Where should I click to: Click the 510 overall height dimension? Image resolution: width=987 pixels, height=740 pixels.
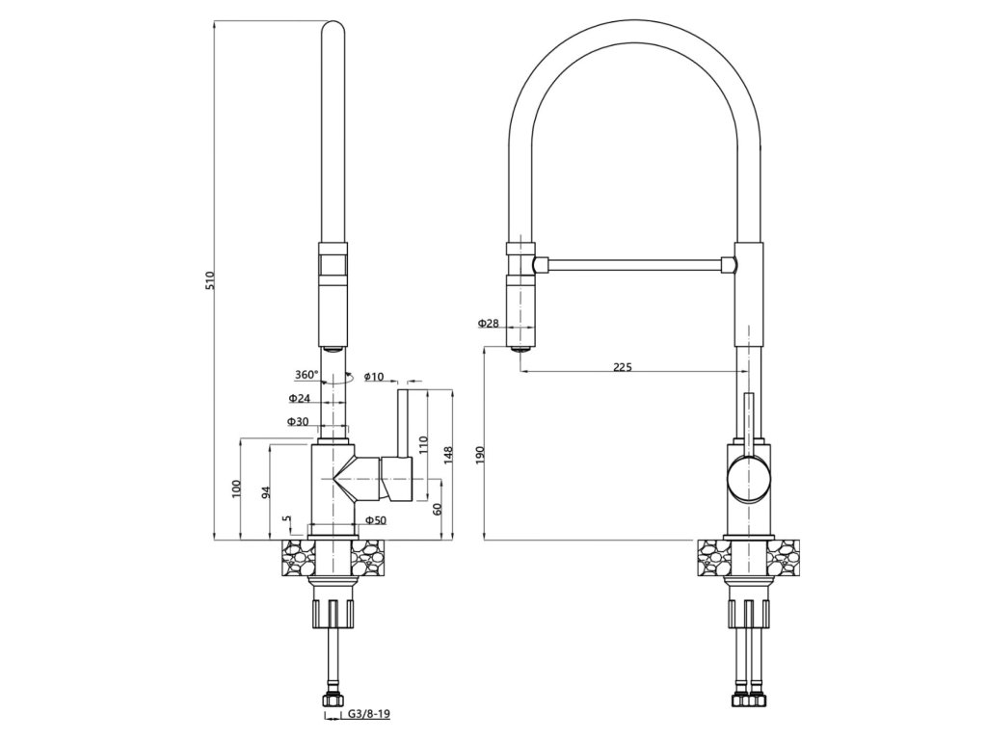pos(211,280)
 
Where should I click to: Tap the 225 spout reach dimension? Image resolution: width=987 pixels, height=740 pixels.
pos(622,367)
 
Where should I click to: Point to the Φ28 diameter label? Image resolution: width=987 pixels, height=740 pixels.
pos(488,323)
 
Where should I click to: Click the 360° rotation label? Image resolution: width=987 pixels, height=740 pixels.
pos(307,375)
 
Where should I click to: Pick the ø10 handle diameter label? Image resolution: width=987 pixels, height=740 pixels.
pos(374,377)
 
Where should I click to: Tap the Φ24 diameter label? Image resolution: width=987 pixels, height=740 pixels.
pos(300,398)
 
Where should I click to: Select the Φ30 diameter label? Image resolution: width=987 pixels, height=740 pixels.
pos(298,421)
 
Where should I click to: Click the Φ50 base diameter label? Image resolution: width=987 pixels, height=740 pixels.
pos(376,519)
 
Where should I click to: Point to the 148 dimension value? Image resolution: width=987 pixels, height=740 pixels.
pos(448,456)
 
